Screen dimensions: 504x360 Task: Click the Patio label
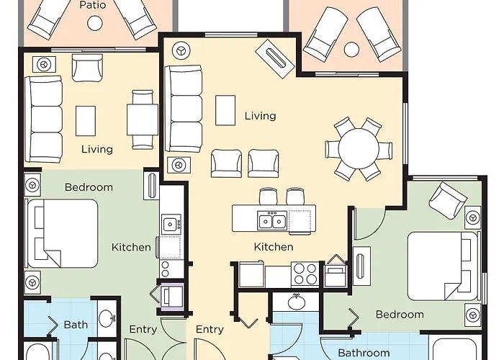point(93,5)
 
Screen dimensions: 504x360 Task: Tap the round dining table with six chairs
point(359,148)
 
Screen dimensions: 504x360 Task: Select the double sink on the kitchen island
point(272,220)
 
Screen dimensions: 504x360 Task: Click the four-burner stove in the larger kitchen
point(305,274)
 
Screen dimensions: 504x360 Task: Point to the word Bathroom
point(364,353)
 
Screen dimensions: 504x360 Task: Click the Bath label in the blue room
point(76,325)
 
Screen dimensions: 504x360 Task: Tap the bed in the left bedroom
point(63,234)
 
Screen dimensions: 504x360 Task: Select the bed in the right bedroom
point(443,266)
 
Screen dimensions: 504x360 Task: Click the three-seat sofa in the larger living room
point(184,109)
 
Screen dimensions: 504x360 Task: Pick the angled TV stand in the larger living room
point(275,59)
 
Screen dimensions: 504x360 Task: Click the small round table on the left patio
point(95,23)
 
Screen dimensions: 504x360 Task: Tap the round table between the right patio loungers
point(351,50)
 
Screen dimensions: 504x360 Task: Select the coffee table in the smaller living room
point(86,121)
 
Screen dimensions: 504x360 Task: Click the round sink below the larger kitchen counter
point(297,302)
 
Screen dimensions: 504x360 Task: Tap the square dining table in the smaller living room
point(143,120)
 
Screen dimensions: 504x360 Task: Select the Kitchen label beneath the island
point(274,247)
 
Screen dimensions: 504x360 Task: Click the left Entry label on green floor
point(143,329)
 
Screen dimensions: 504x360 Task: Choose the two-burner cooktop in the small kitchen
point(166,269)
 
